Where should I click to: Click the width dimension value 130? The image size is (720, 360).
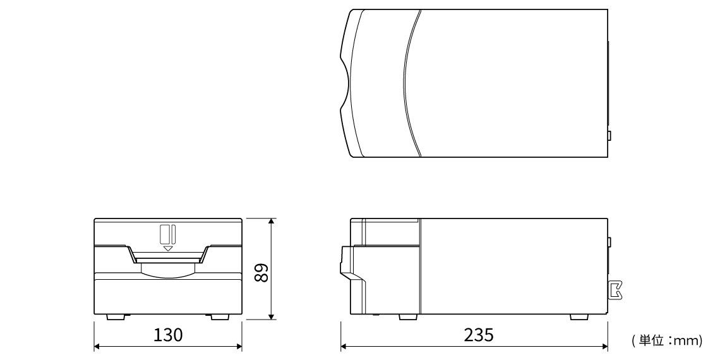click(167, 335)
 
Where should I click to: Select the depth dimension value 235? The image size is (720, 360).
click(479, 335)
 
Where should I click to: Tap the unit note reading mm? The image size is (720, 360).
click(687, 340)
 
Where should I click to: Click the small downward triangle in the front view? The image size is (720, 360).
click(168, 248)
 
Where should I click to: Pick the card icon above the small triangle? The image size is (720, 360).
click(167, 235)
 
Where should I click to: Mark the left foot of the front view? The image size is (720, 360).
click(117, 317)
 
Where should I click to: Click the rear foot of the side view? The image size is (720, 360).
click(579, 317)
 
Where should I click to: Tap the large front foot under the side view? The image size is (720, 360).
click(408, 317)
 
